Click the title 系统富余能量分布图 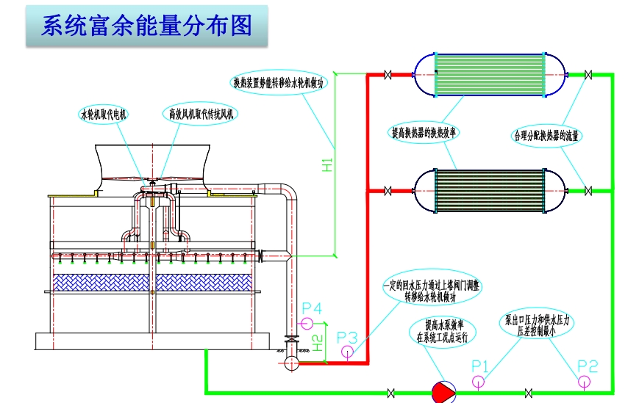146,27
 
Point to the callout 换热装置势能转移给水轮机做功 279,83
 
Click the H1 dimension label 328,165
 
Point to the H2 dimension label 317,342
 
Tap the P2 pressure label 587,365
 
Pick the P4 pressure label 312,308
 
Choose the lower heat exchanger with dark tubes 489,190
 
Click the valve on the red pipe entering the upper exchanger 390,74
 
